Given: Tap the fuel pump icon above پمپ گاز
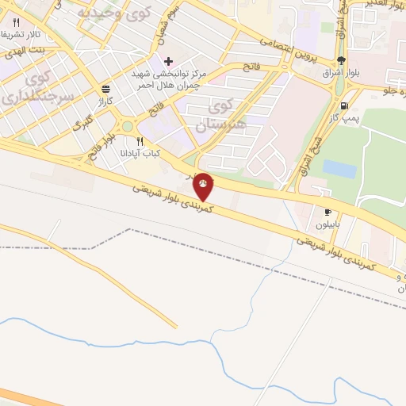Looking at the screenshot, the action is tap(343, 105).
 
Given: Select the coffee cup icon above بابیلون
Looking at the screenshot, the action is tap(327, 212).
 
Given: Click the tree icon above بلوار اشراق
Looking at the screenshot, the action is tap(340, 60).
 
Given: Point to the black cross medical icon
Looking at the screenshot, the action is tap(168, 61).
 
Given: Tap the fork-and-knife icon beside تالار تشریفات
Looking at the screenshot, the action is tap(15, 23).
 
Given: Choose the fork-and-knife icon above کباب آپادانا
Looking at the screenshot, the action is tap(140, 142).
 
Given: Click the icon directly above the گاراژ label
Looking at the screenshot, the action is tap(105, 90).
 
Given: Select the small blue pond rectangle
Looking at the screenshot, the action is tap(339, 169).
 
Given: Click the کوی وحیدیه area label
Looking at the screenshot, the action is tap(109, 13).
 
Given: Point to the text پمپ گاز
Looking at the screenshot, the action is tap(347, 119).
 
